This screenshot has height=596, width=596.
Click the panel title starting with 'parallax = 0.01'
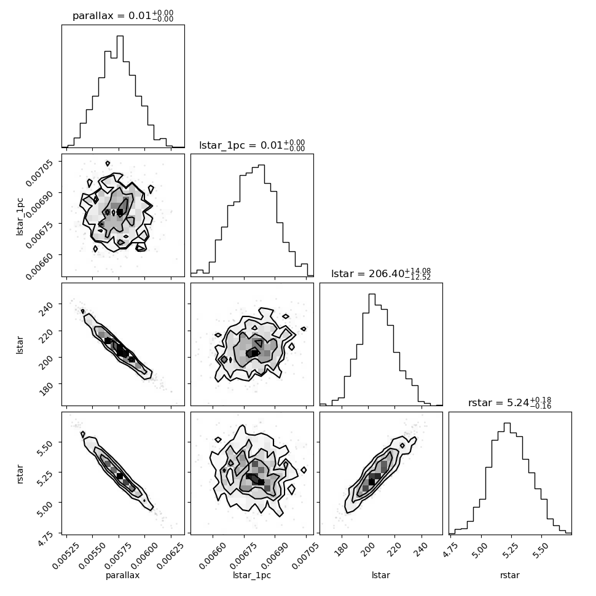[x=123, y=15]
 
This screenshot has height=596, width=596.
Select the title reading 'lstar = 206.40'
[x=381, y=273]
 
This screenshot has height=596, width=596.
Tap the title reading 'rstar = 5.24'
[x=510, y=402]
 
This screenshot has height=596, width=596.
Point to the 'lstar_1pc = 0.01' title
[x=252, y=145]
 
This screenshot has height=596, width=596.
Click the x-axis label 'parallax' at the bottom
[x=123, y=576]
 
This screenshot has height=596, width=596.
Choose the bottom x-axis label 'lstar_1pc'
[x=252, y=576]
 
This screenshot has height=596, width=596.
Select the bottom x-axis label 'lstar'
[x=381, y=575]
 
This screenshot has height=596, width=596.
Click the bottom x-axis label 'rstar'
[x=510, y=576]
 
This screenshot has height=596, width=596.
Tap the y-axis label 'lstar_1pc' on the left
[x=20, y=217]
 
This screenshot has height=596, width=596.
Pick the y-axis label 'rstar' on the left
[x=20, y=474]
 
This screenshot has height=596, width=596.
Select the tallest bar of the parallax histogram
[x=120, y=91]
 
